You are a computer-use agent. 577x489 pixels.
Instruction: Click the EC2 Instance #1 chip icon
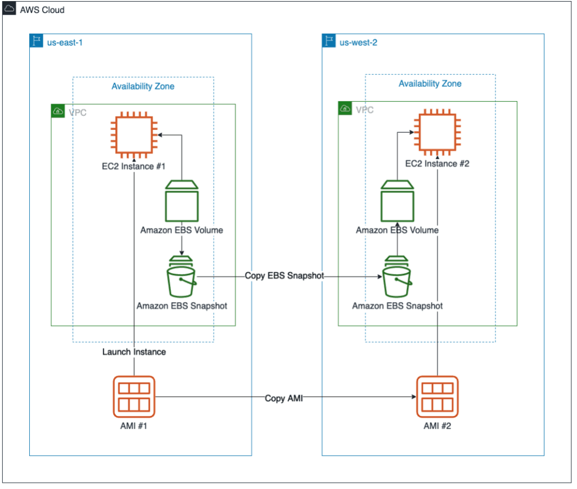click(134, 135)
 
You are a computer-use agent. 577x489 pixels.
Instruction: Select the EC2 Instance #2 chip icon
click(437, 132)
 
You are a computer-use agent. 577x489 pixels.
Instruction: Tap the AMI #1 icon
click(134, 397)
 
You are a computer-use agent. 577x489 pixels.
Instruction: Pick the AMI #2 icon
click(437, 397)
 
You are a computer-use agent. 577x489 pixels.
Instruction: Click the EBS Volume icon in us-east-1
click(182, 201)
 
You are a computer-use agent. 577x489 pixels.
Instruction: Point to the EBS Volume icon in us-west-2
click(397, 201)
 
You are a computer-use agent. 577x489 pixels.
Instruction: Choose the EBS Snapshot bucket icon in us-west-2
click(397, 277)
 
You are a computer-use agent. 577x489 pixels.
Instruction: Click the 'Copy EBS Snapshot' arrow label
click(285, 276)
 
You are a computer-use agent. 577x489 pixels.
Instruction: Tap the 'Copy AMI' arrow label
click(284, 398)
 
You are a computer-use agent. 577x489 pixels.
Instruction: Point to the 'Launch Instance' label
click(134, 352)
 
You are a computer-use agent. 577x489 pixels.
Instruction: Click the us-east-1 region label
click(65, 43)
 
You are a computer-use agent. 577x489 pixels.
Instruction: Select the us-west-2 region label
click(358, 43)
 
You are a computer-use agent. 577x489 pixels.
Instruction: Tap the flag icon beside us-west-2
click(329, 41)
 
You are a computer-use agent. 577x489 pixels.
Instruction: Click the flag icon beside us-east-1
click(37, 41)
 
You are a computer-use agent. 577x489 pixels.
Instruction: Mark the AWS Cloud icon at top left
click(9, 8)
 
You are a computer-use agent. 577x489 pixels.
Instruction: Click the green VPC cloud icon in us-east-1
click(58, 111)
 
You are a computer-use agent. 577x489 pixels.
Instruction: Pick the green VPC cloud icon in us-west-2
click(345, 109)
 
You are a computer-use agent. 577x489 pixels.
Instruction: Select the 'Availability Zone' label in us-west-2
click(430, 84)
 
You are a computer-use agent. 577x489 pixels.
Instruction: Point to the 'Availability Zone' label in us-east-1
click(143, 86)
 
